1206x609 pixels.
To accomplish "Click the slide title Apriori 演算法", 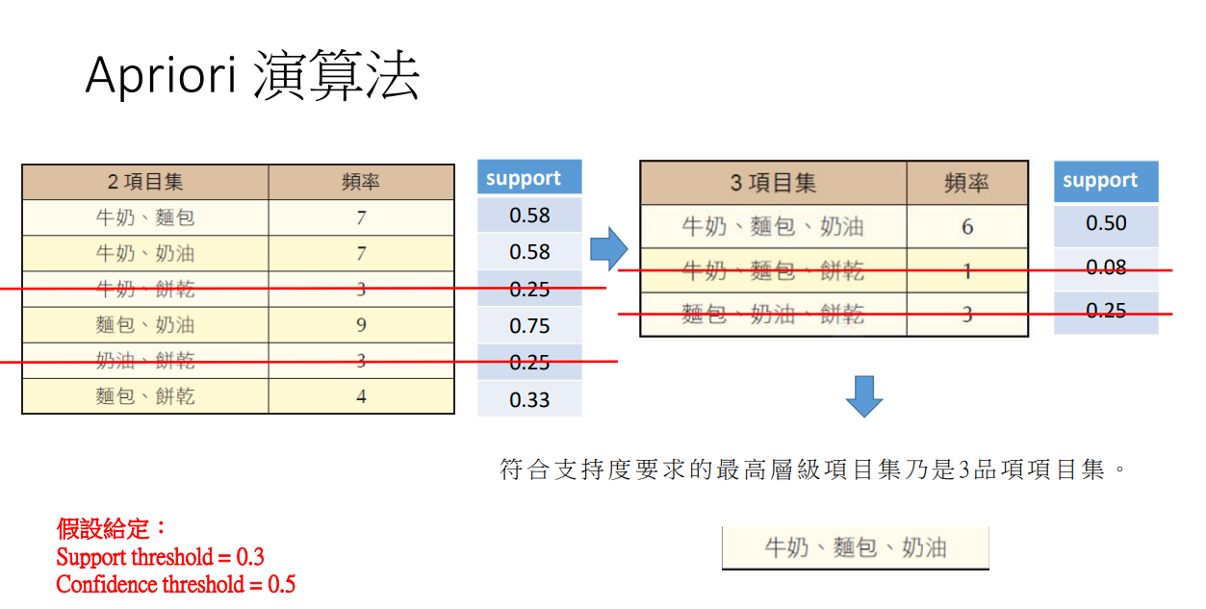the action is [x=252, y=76].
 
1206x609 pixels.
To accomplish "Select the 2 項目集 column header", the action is [x=144, y=181].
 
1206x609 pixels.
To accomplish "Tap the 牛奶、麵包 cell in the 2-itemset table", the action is [x=144, y=217].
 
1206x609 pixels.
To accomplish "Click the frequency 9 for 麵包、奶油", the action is [x=361, y=325].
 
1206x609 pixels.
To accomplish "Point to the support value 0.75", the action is [x=529, y=326].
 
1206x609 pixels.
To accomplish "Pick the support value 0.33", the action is [x=529, y=399].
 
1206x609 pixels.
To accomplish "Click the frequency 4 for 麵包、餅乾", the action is [x=361, y=395].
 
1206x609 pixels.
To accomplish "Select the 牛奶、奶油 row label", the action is [x=144, y=254].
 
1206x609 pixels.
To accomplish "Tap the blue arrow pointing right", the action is [x=608, y=250].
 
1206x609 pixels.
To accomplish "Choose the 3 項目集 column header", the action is [x=773, y=182].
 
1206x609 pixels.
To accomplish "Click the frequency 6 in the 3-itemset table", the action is [x=966, y=227].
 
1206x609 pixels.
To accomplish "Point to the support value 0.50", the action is [x=1106, y=223].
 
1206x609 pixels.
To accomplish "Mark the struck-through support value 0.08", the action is [x=1106, y=267].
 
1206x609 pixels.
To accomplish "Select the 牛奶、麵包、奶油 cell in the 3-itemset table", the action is [x=773, y=227].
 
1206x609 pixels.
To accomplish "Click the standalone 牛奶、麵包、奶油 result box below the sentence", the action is [x=855, y=547].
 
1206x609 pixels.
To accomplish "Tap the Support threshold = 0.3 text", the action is [x=160, y=557].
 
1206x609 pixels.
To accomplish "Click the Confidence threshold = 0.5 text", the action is [x=175, y=584].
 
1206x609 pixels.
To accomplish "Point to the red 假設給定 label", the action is [x=112, y=528].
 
